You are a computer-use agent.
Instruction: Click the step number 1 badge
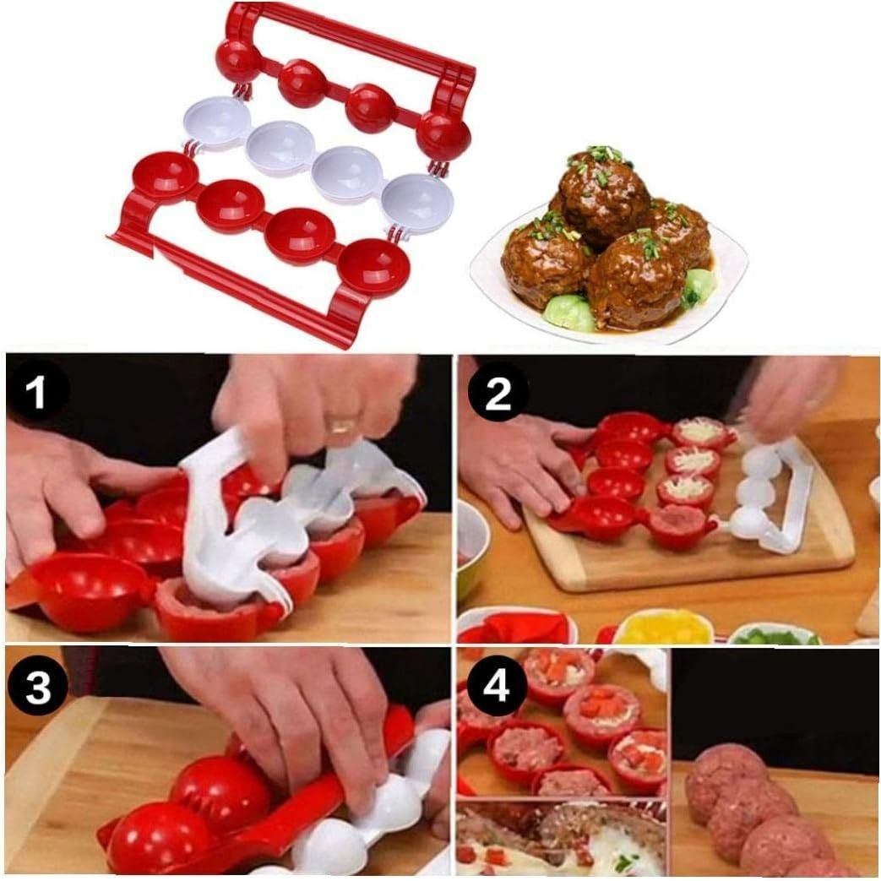click(x=38, y=391)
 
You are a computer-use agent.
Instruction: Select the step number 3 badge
click(x=38, y=686)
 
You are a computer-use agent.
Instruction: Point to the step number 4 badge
click(x=497, y=686)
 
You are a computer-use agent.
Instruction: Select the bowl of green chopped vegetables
click(x=775, y=634)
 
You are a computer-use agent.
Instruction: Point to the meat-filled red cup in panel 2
click(x=681, y=527)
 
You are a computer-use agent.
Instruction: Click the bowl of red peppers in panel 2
click(x=516, y=627)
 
